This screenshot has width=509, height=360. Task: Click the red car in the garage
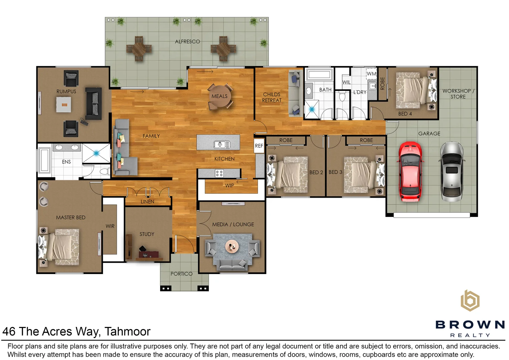(x=410, y=172)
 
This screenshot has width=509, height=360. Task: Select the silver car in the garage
(x=452, y=172)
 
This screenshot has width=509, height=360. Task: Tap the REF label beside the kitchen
(x=259, y=146)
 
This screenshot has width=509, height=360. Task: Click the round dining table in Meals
(x=220, y=96)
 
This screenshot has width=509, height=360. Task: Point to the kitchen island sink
(x=222, y=144)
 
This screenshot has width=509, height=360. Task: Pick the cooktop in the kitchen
(x=219, y=174)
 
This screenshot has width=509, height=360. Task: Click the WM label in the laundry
(x=372, y=74)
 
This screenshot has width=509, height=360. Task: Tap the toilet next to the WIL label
(x=342, y=97)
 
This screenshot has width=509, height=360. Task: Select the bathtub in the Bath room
(x=319, y=75)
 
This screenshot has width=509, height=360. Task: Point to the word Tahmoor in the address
(x=127, y=331)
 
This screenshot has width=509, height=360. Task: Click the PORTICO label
(x=181, y=274)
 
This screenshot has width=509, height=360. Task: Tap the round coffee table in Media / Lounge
(x=232, y=246)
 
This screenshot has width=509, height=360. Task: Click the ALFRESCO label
(x=187, y=42)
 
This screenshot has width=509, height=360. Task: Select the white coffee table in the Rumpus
(x=63, y=104)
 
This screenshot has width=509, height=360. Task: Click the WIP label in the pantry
(x=229, y=186)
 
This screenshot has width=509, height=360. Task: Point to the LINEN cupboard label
(x=147, y=201)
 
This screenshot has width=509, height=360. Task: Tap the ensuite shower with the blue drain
(x=96, y=153)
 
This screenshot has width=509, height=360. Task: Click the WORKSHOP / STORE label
(x=458, y=94)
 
